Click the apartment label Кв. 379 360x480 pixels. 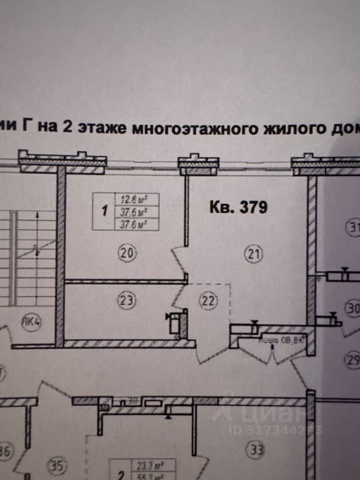238,206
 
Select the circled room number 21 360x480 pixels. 253,253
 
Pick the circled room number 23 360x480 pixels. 126,300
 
